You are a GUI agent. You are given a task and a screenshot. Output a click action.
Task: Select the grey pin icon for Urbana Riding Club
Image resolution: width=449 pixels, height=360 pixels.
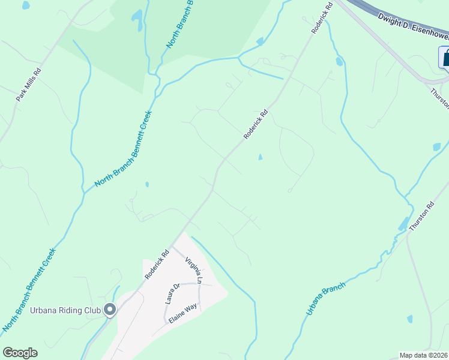[x=110, y=310]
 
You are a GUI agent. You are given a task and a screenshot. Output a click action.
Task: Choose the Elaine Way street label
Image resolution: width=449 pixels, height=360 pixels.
[x=182, y=314]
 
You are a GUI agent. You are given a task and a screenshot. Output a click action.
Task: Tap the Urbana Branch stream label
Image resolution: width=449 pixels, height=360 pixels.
[x=326, y=300]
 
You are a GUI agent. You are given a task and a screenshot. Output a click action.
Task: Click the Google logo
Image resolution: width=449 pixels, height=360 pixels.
[x=20, y=353]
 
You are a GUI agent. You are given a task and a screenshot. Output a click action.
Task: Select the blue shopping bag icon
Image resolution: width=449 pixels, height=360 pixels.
[x=445, y=58]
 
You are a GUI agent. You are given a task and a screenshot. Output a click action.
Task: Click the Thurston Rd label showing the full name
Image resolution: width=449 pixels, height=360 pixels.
[x=421, y=217]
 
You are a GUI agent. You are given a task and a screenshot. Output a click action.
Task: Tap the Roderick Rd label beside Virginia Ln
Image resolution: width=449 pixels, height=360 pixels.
[x=158, y=265]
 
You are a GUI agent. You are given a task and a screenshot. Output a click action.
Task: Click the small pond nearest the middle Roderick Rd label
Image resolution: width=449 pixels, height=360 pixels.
[x=260, y=157]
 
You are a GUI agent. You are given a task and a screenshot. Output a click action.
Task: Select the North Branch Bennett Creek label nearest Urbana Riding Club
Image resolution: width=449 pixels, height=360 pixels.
[x=28, y=290]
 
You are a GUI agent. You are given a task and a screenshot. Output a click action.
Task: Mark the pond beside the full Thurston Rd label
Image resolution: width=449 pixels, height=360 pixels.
[x=403, y=224]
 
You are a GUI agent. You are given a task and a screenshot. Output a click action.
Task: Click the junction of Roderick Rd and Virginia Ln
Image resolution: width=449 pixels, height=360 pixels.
[x=173, y=246]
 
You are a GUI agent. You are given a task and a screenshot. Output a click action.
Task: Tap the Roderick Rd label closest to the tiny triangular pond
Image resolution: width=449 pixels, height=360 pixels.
[x=255, y=125]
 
